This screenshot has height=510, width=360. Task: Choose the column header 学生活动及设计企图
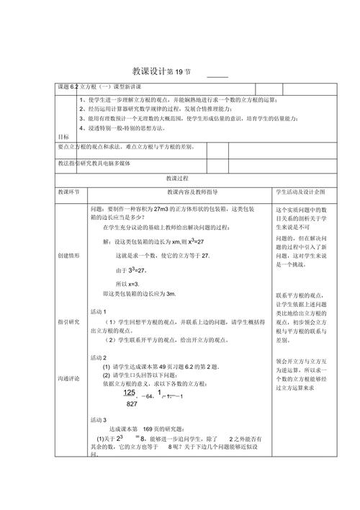(300, 193)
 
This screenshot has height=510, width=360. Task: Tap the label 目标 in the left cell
(63, 136)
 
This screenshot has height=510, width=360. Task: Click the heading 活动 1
(99, 310)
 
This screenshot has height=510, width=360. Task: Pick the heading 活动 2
(99, 357)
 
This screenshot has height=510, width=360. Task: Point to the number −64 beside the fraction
(146, 396)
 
